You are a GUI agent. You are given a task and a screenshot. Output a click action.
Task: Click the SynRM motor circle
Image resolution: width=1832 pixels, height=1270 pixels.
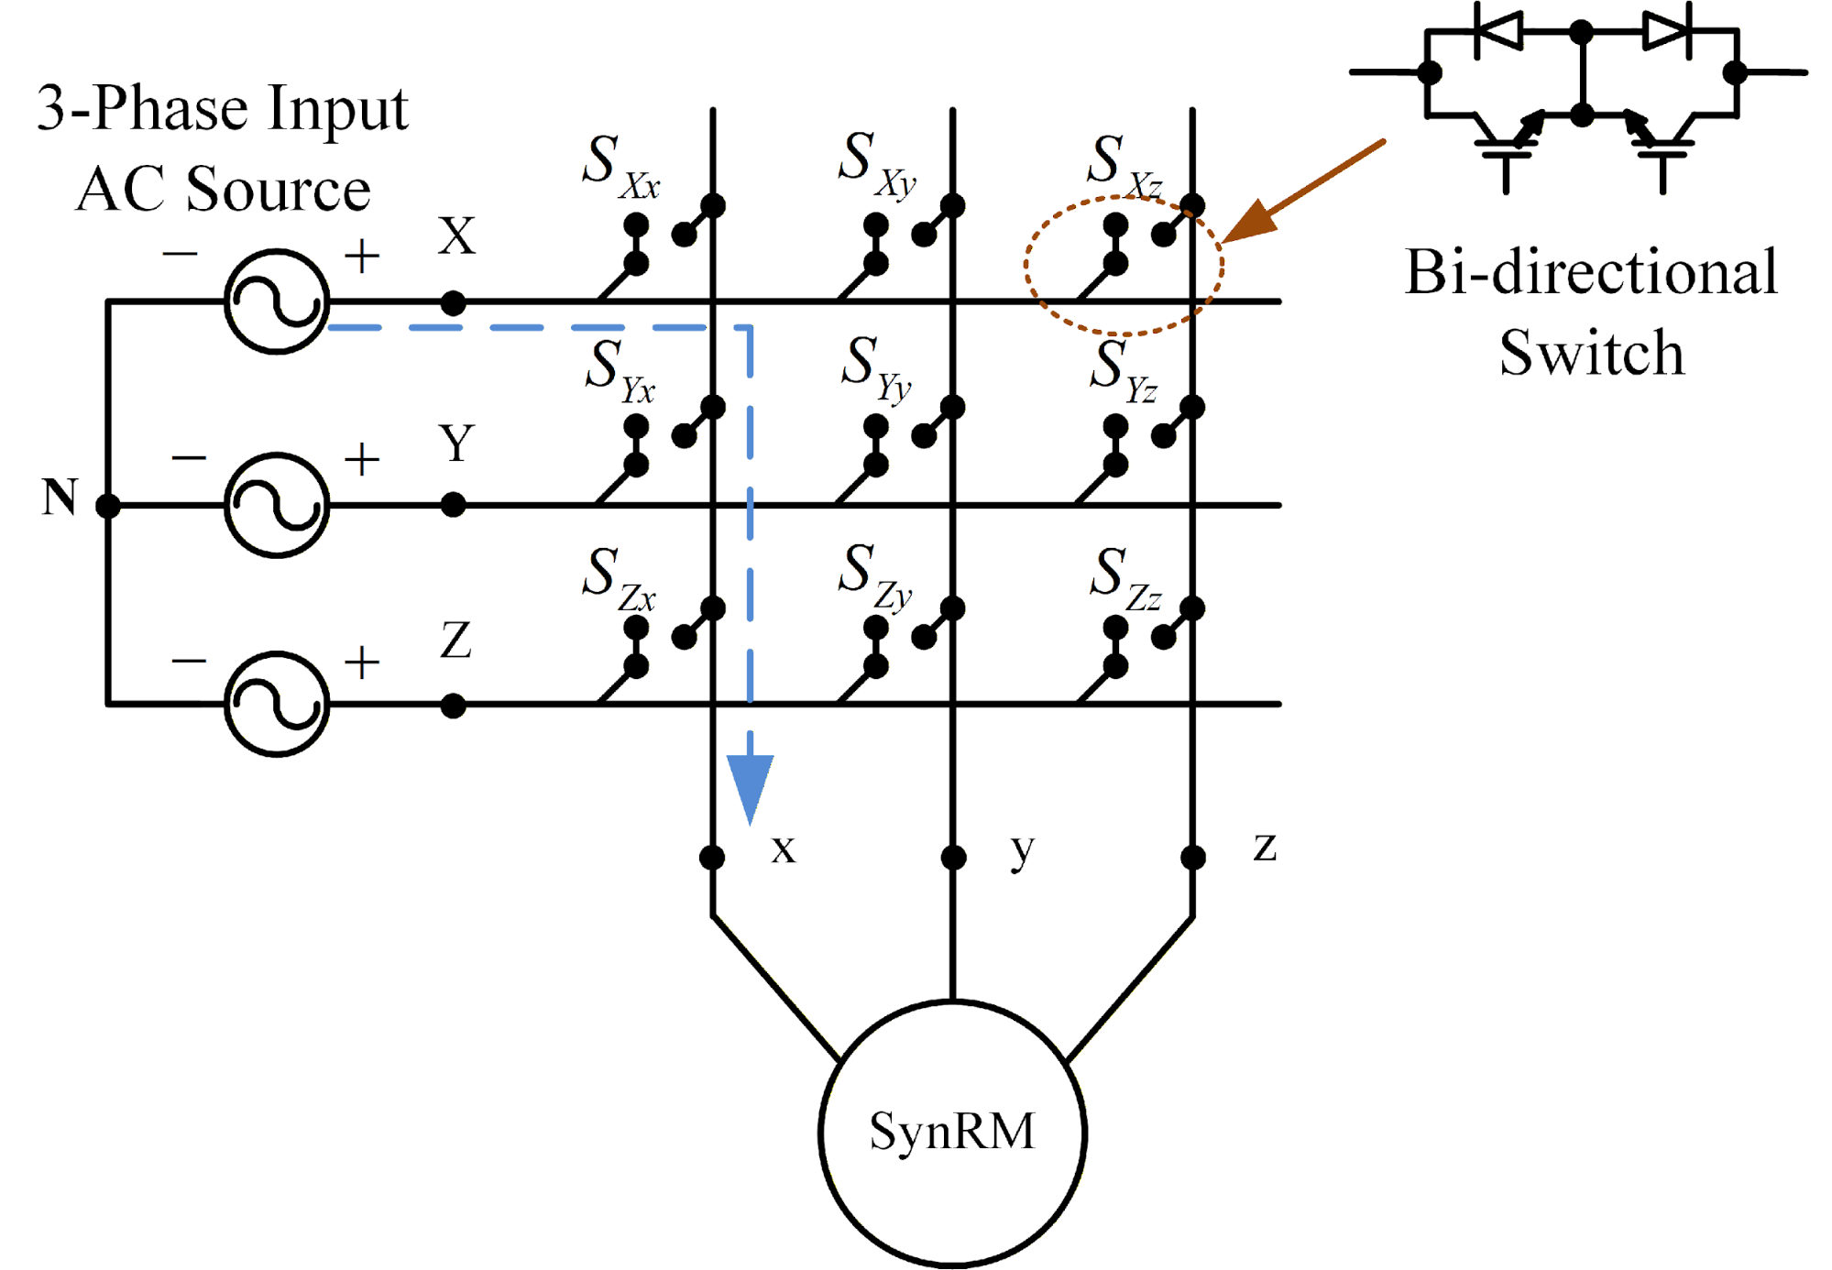[952, 1133]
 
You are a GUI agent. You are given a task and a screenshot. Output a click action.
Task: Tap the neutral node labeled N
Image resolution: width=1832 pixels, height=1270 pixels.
[108, 505]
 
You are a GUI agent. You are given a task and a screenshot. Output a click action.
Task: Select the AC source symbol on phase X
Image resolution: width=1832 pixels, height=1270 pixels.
[276, 301]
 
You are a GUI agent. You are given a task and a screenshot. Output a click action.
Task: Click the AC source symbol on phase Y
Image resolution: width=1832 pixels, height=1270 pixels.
[276, 505]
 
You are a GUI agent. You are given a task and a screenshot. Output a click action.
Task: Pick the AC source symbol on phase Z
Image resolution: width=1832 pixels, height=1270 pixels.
[276, 705]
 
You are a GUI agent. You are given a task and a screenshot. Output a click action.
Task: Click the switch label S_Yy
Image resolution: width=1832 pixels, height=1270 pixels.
[876, 368]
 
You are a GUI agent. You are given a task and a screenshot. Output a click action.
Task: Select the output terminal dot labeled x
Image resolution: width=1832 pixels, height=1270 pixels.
[712, 858]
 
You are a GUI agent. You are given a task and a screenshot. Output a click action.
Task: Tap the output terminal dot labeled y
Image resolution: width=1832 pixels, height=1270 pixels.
[953, 858]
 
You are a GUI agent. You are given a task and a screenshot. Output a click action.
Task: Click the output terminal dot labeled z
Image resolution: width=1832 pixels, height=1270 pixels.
[1192, 858]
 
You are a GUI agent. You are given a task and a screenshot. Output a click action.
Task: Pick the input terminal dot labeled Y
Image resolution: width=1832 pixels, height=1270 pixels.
[453, 505]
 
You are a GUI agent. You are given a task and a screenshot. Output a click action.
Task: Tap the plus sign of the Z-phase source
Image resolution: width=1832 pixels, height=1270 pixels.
[362, 662]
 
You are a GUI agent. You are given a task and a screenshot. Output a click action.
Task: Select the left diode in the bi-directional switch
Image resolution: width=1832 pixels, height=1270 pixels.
[1499, 32]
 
